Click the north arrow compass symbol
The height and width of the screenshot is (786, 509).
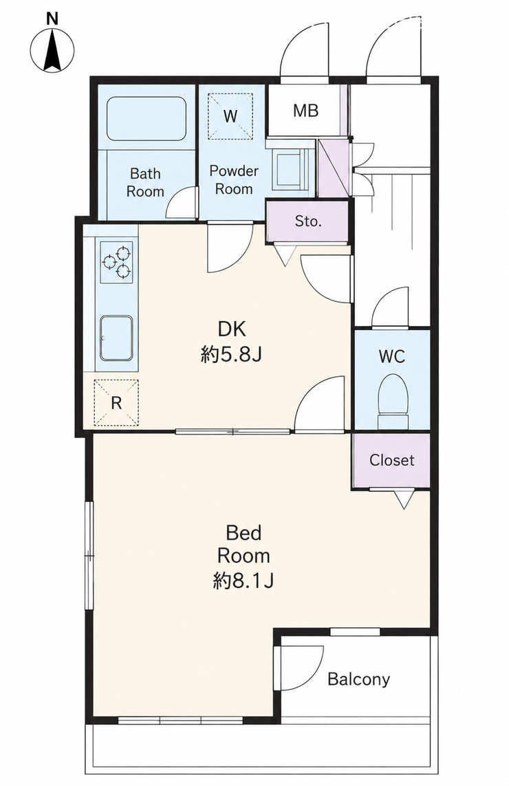point(52,50)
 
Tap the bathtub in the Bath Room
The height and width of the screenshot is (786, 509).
point(146,119)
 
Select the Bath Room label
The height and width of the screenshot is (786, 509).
point(145,182)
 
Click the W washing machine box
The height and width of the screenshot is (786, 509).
point(230,116)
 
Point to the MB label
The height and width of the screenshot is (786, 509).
point(305,110)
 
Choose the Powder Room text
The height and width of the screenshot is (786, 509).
point(234,179)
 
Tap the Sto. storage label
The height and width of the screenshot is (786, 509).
point(307,221)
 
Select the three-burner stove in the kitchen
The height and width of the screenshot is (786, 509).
point(117,261)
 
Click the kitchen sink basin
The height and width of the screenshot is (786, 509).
point(116,338)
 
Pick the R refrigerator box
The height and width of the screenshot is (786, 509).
point(116,402)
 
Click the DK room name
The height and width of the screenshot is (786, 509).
point(232,329)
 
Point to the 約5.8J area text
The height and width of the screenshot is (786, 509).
point(231,356)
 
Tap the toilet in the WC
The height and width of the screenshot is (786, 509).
point(393,398)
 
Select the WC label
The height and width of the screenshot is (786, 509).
point(391,356)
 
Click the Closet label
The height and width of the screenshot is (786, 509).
point(391,459)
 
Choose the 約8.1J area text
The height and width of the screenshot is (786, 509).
point(243,580)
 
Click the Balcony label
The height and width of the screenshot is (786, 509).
point(358,679)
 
